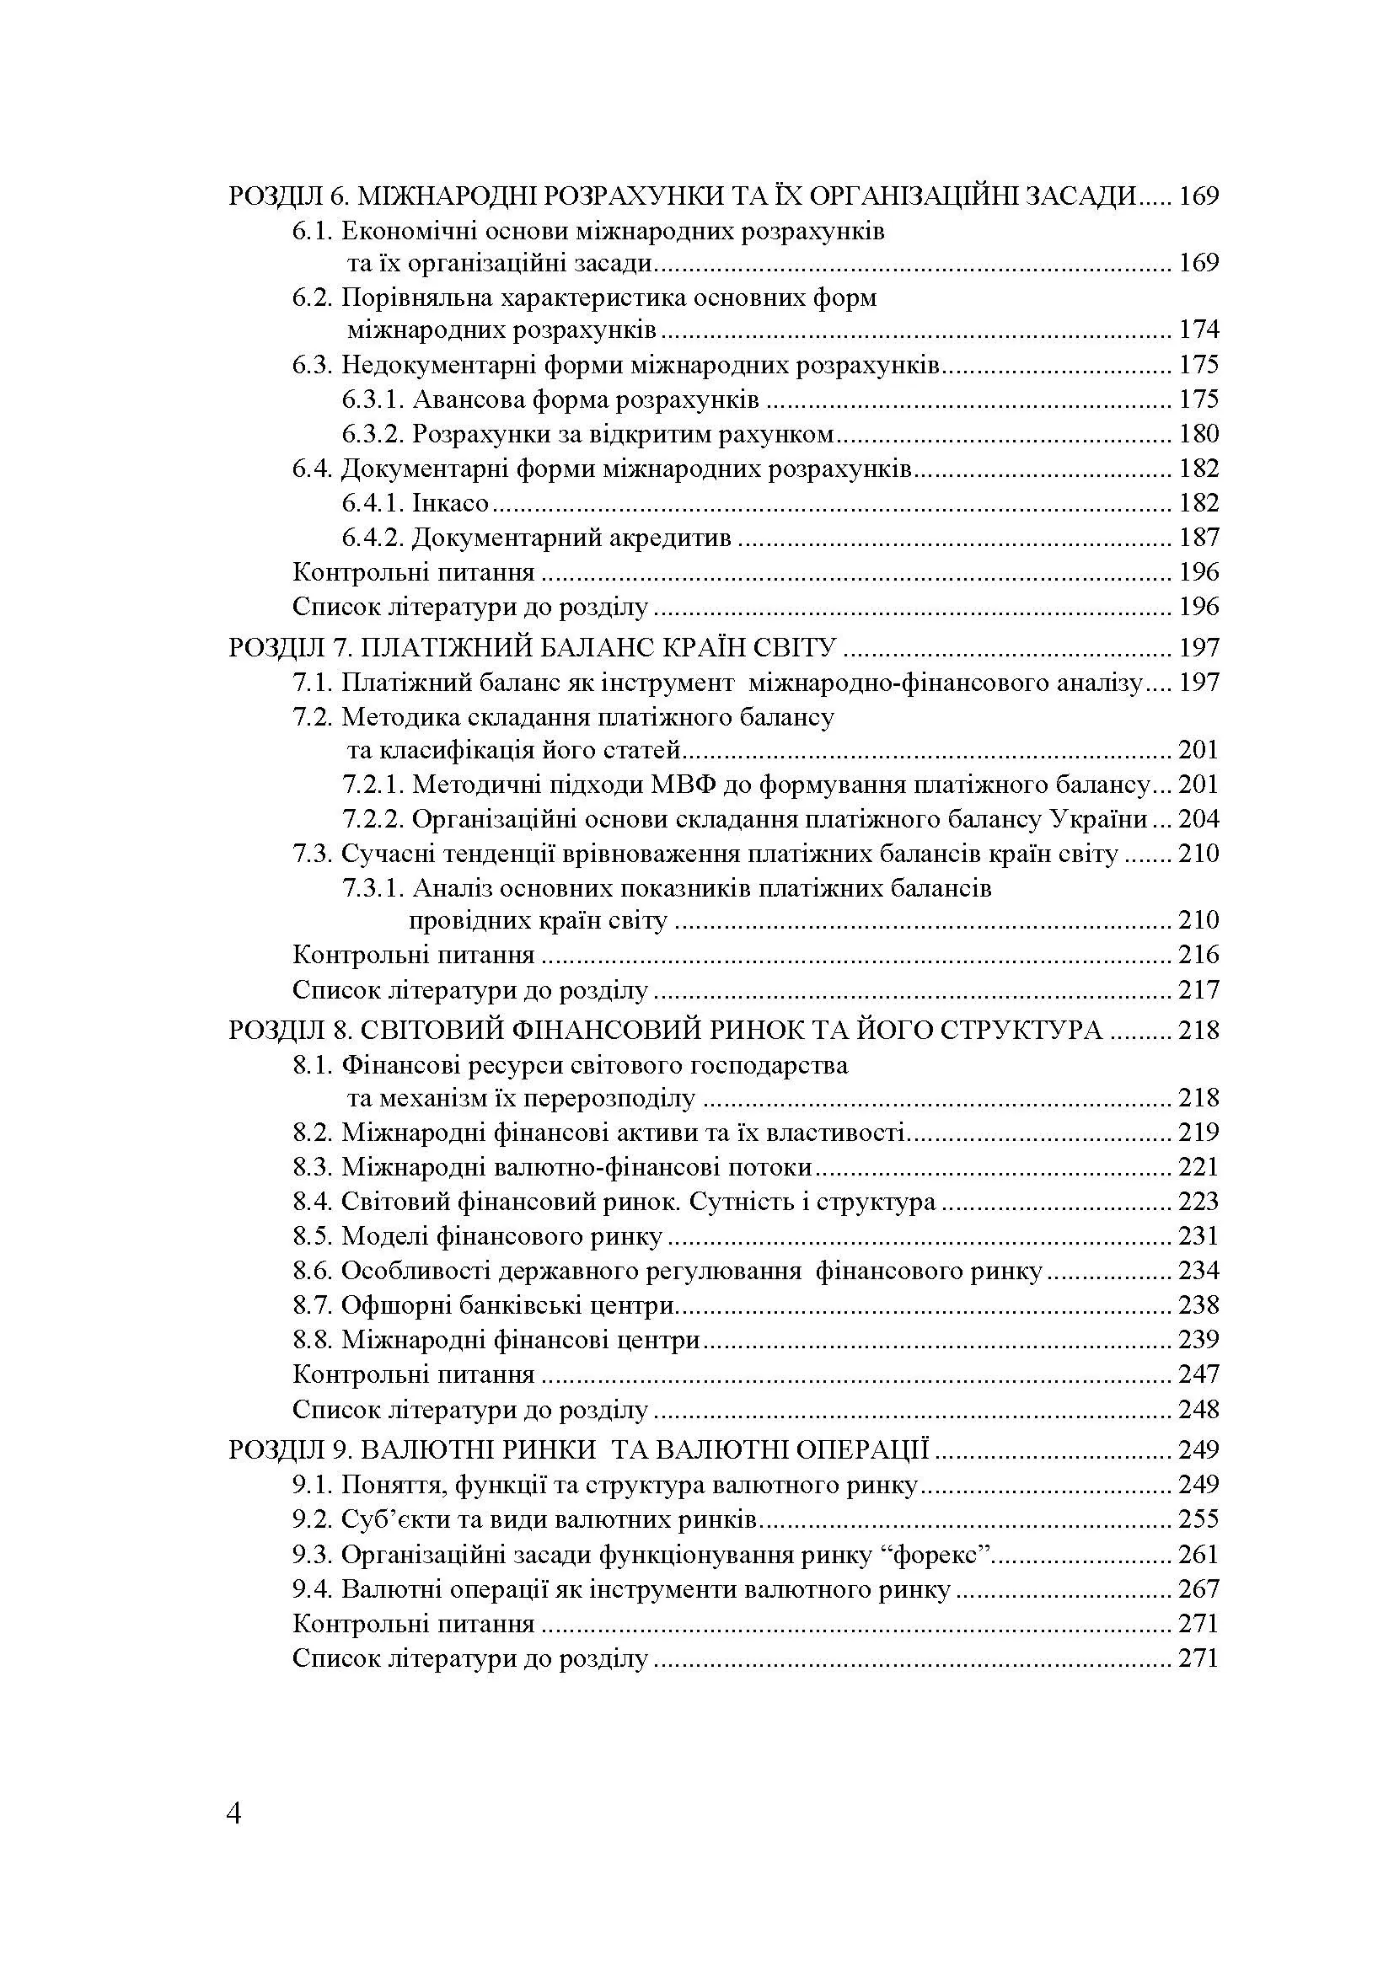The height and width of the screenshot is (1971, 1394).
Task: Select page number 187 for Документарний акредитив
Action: pos(1198,538)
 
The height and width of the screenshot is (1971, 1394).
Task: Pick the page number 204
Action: pos(1198,819)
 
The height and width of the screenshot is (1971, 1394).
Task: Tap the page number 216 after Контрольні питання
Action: pos(1198,955)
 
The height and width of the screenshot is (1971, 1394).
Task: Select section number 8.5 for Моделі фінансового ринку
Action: pos(314,1236)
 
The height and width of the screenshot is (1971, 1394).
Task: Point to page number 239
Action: pos(1198,1340)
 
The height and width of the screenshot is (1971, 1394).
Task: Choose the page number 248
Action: pos(1198,1410)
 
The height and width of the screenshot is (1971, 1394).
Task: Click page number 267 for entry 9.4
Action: pos(1198,1589)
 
